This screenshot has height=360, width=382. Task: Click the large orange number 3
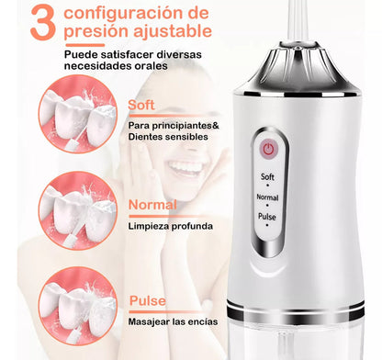[x=42, y=24]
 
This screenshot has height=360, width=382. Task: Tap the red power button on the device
[x=268, y=150]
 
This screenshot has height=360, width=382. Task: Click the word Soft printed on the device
[x=267, y=176]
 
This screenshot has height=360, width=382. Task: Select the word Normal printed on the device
[x=267, y=197]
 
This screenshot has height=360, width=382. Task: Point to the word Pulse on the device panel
[x=267, y=217]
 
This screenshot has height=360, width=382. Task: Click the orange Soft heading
[x=141, y=106]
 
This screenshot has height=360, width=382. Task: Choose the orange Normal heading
[x=152, y=205]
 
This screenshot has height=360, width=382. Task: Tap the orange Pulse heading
[x=148, y=300]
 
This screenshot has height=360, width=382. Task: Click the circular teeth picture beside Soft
[x=78, y=114]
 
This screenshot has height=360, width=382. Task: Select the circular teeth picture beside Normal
[x=78, y=210]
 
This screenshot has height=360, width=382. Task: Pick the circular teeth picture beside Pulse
[x=78, y=306]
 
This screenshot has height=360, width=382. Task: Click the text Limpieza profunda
[x=171, y=227]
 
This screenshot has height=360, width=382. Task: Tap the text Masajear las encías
[x=173, y=321]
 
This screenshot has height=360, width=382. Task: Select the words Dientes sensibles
[x=168, y=137]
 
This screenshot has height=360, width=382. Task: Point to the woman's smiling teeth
[x=186, y=167]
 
